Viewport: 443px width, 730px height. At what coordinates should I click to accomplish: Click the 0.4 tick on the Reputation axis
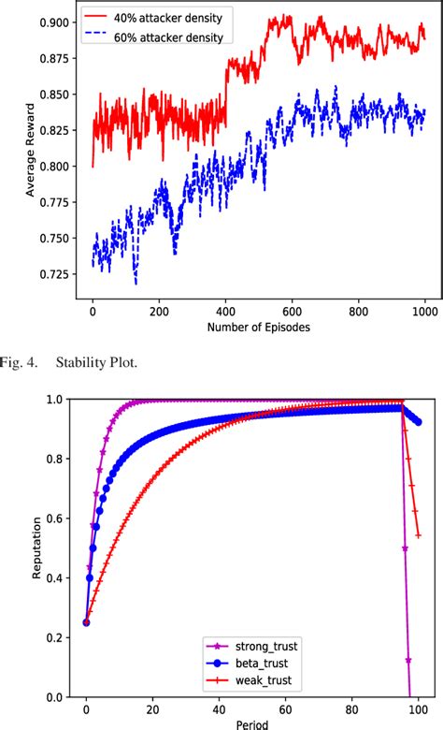point(56,578)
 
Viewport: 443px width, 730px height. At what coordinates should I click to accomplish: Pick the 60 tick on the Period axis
point(285,708)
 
